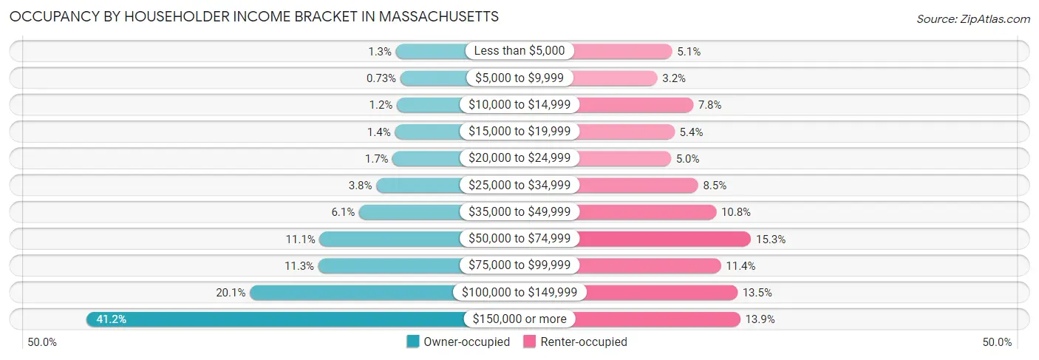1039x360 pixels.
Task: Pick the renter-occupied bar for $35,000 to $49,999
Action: pyautogui.click(x=646, y=212)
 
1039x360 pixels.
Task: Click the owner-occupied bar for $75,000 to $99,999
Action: pyautogui.click(x=392, y=265)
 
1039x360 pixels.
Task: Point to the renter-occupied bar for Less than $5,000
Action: pyautogui.click(x=621, y=51)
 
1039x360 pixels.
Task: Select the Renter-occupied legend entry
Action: pyautogui.click(x=576, y=342)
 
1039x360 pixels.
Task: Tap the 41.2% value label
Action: pyautogui.click(x=112, y=319)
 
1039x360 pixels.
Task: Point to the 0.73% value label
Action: pyautogui.click(x=381, y=78)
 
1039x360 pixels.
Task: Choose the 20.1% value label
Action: pyautogui.click(x=231, y=293)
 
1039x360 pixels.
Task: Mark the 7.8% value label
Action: pyautogui.click(x=709, y=105)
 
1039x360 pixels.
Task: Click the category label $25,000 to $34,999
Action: pyautogui.click(x=519, y=185)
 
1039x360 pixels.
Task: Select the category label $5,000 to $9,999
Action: pyautogui.click(x=519, y=78)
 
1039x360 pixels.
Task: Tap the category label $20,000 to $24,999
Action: pyautogui.click(x=519, y=158)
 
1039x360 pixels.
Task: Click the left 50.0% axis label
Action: pyautogui.click(x=42, y=342)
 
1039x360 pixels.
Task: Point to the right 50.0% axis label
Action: pyautogui.click(x=997, y=342)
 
